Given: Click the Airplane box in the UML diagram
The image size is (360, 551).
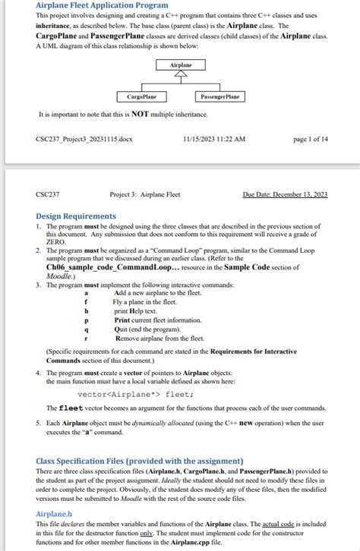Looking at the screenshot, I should pos(180,66).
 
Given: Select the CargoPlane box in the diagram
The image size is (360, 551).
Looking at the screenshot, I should pos(142,97).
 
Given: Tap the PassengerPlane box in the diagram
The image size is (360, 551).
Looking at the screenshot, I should pos(219,97).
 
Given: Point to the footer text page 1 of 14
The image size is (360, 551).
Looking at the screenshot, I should pos(310,140).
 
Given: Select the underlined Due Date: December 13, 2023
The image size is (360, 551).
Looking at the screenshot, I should pos(285,195).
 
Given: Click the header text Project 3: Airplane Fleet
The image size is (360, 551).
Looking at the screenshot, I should pos(145,195).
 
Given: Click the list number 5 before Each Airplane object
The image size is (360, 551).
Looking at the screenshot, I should pos(39,421).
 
